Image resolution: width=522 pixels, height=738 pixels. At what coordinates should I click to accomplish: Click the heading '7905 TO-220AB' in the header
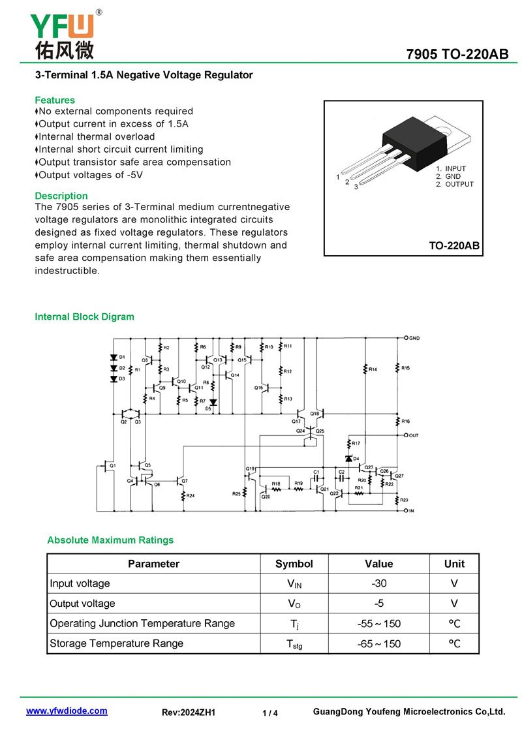pos(457,54)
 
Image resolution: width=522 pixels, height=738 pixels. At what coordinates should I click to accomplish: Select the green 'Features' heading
pos(55,100)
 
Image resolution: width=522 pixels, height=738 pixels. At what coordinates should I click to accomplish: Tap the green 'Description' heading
pos(61,196)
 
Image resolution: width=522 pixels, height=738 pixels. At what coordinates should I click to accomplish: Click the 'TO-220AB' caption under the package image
pos(453,245)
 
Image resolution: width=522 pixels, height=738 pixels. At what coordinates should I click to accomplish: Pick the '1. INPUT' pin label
pos(451,169)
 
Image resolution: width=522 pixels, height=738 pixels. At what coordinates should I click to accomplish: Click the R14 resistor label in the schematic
pos(373,369)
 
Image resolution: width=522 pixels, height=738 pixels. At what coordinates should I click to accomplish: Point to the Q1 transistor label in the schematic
pos(112,465)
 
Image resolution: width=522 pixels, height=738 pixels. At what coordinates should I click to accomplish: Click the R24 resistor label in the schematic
pos(190,496)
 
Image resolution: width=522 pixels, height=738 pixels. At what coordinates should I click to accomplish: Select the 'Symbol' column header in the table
pos(294,564)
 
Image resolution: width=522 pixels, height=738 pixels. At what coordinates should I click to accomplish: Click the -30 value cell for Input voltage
pos(378,583)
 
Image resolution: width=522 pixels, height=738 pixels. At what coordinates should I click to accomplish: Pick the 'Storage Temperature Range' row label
pos(116,643)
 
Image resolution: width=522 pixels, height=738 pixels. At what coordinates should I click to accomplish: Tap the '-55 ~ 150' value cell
pos(378,624)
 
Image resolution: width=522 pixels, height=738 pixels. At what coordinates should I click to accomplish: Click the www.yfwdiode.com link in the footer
pos(67,711)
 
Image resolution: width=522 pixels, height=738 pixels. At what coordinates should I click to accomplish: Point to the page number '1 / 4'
pos(269,713)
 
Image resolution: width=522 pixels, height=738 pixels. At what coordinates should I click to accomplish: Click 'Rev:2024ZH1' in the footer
pos(189,713)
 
